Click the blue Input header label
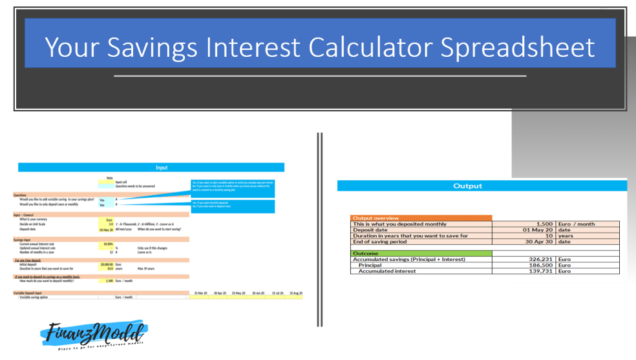161,167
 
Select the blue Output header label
467,186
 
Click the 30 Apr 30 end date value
535,242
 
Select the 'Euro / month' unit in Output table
577,224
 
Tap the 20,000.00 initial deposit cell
107,264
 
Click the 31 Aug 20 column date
294,293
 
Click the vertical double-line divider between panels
319,229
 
